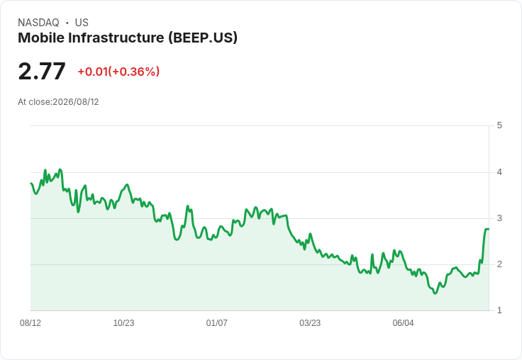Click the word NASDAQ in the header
pos(38,23)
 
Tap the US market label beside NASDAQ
pos(82,23)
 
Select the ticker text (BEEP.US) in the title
pos(203,38)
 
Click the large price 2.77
pos(42,71)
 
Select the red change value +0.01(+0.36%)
pos(118,72)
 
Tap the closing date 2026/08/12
pos(76,102)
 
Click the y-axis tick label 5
pos(499,125)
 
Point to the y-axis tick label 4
pos(499,172)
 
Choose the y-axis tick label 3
pos(499,218)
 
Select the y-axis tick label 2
pos(499,264)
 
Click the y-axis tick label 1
pos(499,310)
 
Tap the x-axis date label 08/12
pos(30,322)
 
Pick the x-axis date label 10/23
pos(124,322)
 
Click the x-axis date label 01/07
pos(217,322)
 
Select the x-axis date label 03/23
pos(310,322)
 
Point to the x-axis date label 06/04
pos(403,322)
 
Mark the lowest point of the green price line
pos(435,293)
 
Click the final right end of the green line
pos(489,229)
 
